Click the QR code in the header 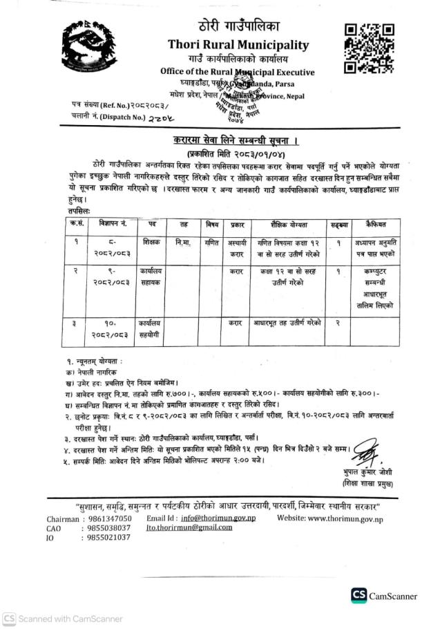[x=369, y=48]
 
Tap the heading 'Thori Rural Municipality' [x=238, y=44]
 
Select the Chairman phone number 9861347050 [x=99, y=518]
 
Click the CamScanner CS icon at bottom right [x=359, y=595]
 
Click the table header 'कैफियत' [x=378, y=225]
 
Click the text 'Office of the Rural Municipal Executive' [x=237, y=72]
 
